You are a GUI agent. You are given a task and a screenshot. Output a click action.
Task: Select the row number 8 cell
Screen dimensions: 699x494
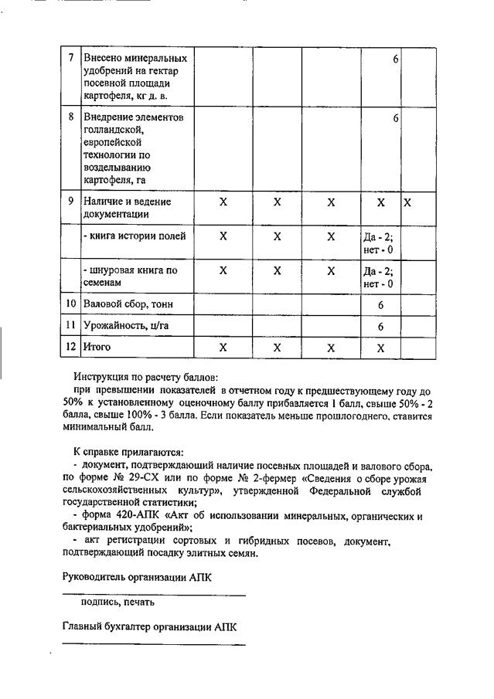[x=71, y=117]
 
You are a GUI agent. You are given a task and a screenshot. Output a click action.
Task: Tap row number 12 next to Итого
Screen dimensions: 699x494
[x=71, y=348]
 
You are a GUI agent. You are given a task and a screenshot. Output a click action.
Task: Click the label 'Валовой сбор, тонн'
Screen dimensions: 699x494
[x=128, y=304]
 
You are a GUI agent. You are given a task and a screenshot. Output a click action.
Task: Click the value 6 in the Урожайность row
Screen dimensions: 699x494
[x=381, y=327]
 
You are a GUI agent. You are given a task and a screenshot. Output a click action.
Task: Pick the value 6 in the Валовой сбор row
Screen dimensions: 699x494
[x=381, y=305]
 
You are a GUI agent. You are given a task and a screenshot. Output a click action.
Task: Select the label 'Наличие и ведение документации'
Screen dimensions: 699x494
[x=128, y=208]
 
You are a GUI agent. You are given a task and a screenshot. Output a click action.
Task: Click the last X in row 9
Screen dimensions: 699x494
[x=408, y=202]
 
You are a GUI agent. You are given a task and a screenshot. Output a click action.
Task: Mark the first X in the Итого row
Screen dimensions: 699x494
[x=223, y=348]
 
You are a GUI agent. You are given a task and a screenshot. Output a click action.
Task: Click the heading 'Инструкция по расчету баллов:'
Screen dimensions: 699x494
[x=146, y=377]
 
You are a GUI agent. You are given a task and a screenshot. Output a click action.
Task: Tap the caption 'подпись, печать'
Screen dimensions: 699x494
[x=118, y=602]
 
